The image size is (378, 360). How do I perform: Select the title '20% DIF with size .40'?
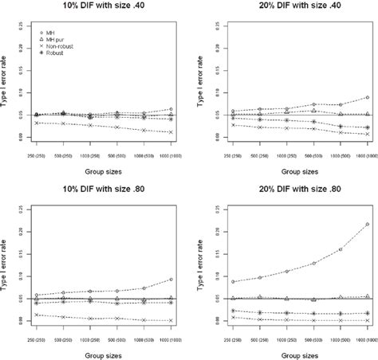pyautogui.click(x=289, y=6)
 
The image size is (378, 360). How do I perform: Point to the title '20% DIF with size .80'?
pyautogui.click(x=289, y=189)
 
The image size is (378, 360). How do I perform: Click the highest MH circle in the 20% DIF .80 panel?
pyautogui.click(x=367, y=225)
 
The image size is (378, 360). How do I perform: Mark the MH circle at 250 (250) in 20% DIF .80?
pyautogui.click(x=210, y=282)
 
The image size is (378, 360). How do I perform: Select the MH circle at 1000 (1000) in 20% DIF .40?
pyautogui.click(x=367, y=98)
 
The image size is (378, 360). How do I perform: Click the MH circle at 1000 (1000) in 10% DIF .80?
pyautogui.click(x=171, y=280)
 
